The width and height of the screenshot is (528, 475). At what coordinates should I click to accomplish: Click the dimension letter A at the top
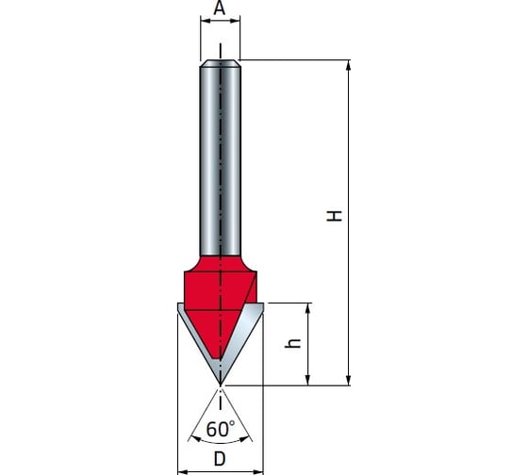pyautogui.click(x=220, y=8)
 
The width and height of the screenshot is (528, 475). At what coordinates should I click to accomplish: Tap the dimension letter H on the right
pyautogui.click(x=335, y=216)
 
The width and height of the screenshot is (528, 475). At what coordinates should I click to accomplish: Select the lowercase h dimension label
pyautogui.click(x=292, y=343)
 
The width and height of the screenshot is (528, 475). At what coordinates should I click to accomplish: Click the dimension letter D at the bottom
pyautogui.click(x=220, y=459)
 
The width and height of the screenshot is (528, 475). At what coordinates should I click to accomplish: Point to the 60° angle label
pyautogui.click(x=221, y=429)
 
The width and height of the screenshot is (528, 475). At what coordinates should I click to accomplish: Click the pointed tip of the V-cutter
pyautogui.click(x=221, y=385)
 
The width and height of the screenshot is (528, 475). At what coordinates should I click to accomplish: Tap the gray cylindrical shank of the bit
pyautogui.click(x=221, y=161)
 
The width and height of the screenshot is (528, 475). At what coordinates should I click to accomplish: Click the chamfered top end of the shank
pyautogui.click(x=221, y=63)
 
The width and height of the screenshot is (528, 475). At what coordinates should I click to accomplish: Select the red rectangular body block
pyautogui.click(x=221, y=290)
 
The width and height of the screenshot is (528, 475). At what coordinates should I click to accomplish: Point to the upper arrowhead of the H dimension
pyautogui.click(x=349, y=65)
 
